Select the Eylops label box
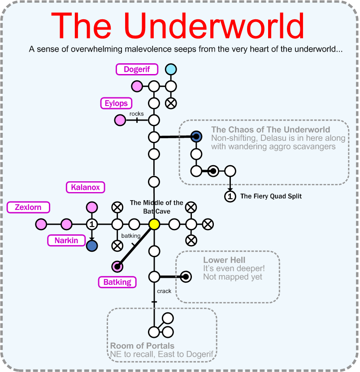click(116, 103)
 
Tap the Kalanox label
click(86, 187)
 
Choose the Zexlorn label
click(28, 207)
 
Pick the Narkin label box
click(66, 241)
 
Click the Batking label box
click(117, 282)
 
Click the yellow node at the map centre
click(154, 224)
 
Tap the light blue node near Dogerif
click(170, 70)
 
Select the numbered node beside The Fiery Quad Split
click(230, 196)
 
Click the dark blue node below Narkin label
click(92, 245)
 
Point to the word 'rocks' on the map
click(137, 114)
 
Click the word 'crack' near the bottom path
click(164, 291)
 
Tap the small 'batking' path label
click(130, 236)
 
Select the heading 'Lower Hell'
click(224, 260)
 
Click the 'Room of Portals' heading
click(142, 346)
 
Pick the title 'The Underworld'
click(178, 26)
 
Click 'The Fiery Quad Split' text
click(271, 196)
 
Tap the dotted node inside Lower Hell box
click(185, 277)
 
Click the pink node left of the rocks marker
click(120, 120)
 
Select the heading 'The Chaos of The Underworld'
click(270, 130)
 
